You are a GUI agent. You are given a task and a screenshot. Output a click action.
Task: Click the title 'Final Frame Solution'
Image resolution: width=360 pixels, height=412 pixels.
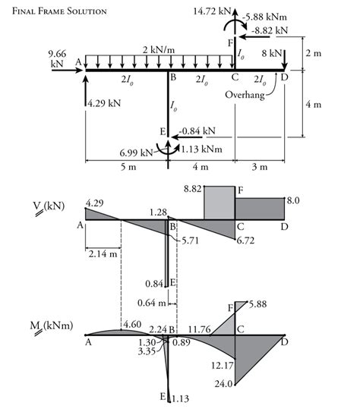pos(59,11)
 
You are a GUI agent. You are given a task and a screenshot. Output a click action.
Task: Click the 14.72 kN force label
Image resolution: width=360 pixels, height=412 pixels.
pos(212,11)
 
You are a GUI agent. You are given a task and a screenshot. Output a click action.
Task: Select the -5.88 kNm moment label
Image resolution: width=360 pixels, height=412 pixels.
pos(264,17)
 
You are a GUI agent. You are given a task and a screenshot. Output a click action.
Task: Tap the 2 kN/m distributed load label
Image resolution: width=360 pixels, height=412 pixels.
pos(159,49)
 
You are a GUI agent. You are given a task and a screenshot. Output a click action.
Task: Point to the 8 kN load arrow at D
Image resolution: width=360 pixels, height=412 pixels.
pos(285,59)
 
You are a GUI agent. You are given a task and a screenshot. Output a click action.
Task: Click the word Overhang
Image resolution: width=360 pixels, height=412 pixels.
pos(245,95)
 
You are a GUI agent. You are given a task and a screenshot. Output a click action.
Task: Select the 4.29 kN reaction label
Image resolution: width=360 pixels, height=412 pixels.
pos(104,103)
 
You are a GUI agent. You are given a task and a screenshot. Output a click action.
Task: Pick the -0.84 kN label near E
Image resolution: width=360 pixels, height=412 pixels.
pos(197,131)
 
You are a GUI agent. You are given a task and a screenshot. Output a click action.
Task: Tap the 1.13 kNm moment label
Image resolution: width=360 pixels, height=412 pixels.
pos(201,149)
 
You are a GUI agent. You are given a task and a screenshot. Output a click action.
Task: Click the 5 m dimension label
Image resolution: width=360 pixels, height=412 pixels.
pos(128,167)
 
